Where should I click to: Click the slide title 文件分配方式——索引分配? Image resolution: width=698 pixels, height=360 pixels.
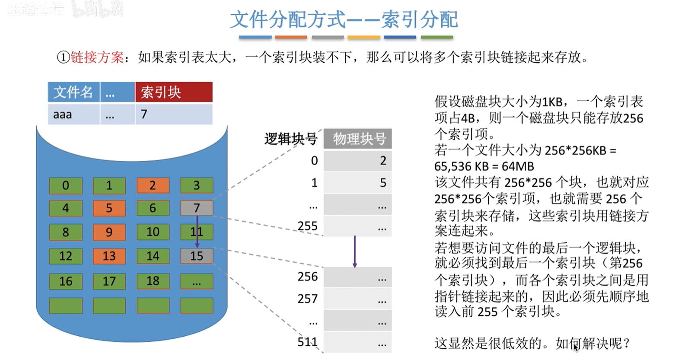tap(344, 19)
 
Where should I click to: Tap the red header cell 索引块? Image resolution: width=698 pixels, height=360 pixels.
tap(174, 92)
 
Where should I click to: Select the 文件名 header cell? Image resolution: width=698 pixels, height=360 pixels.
tap(73, 92)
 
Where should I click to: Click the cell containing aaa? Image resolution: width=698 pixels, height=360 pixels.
tap(73, 115)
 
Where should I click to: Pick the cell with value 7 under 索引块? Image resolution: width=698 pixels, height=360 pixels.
tap(174, 115)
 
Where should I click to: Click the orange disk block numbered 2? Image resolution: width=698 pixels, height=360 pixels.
tap(153, 185)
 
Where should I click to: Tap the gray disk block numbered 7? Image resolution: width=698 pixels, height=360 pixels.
tap(197, 208)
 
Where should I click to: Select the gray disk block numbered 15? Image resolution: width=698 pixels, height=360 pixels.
tap(197, 256)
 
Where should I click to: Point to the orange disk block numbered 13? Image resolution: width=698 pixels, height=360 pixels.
tap(109, 256)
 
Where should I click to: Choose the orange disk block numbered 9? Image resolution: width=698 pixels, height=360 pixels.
tap(109, 232)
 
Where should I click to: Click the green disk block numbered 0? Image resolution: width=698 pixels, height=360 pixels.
tap(66, 185)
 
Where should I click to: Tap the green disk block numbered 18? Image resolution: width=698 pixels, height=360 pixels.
tap(153, 281)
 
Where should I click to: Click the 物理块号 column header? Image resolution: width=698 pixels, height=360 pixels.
tap(358, 139)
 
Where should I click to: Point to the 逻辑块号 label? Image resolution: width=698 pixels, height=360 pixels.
tap(291, 139)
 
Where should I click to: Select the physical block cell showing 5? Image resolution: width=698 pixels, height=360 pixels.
tap(358, 183)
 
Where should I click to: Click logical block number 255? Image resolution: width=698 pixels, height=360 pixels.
tap(307, 226)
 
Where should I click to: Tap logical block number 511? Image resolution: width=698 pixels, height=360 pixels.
tap(307, 342)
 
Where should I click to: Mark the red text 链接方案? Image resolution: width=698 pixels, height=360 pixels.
tap(97, 57)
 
